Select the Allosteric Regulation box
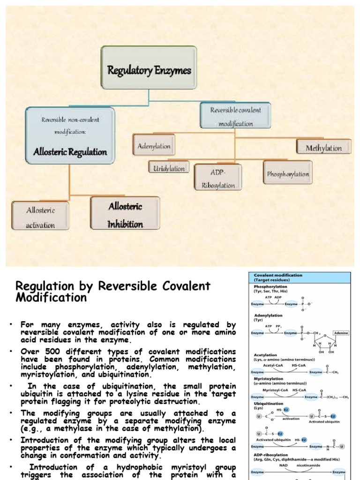[70, 135]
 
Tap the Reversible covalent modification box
[235, 116]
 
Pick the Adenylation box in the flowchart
[154, 146]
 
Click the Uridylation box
[169, 168]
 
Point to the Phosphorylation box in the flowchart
[288, 173]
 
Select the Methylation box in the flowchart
[323, 148]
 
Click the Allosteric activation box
[41, 217]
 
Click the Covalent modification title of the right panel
[278, 275]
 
